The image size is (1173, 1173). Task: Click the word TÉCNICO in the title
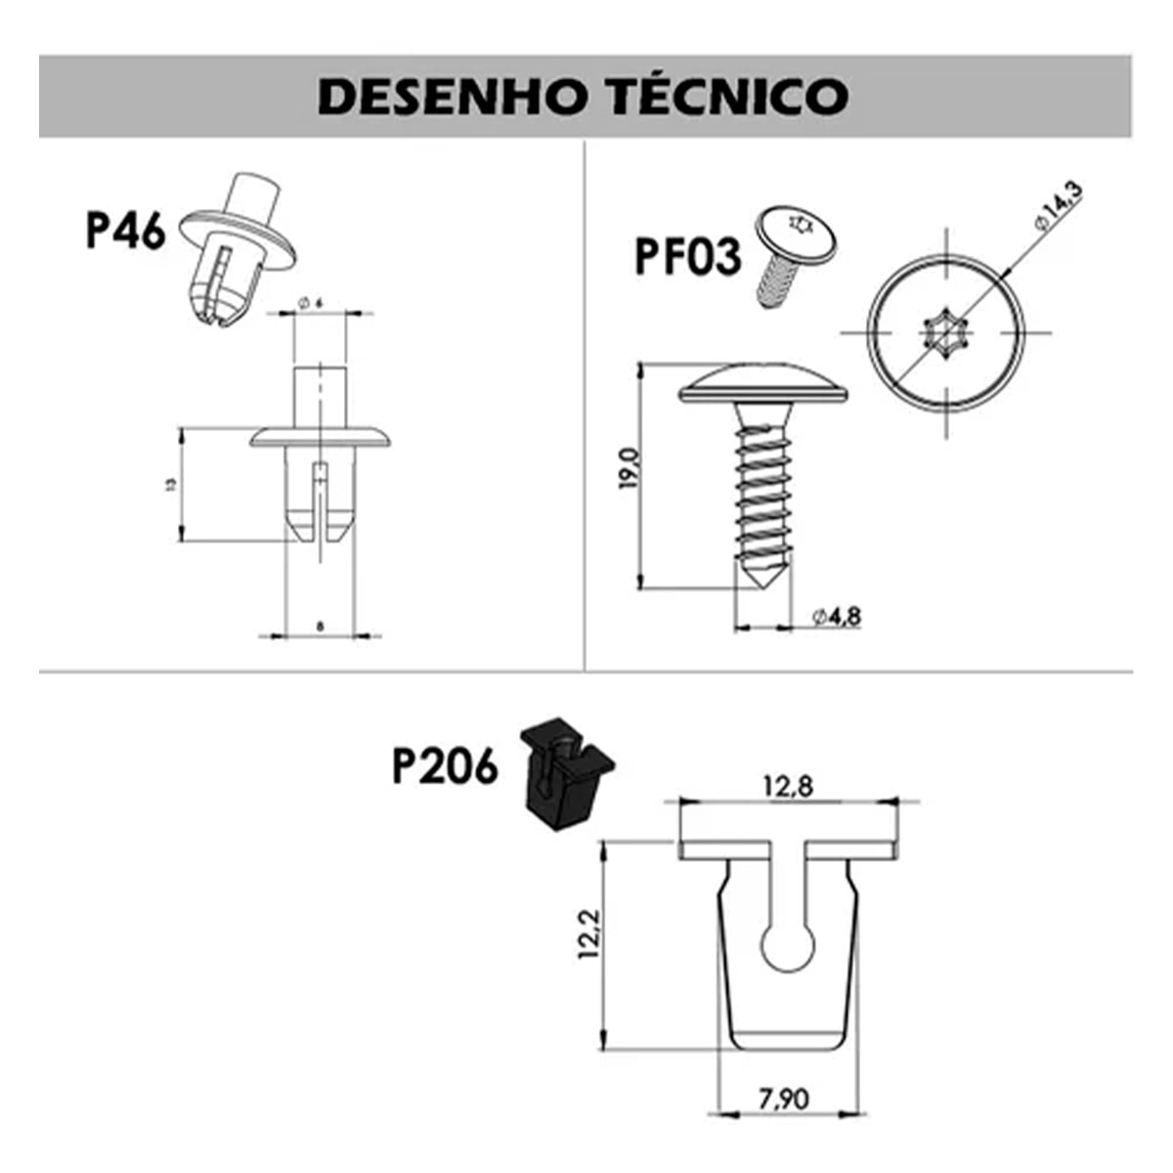(730, 96)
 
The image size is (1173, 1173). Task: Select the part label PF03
(687, 256)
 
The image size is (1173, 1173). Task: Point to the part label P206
(445, 766)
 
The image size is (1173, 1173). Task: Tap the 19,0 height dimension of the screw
(628, 469)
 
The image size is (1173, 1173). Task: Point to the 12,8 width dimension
(789, 785)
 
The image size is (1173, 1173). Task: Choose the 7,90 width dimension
(784, 1099)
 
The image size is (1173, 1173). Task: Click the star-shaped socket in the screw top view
(946, 332)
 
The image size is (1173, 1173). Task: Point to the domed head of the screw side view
(763, 384)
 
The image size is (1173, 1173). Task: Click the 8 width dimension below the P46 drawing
(320, 625)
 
